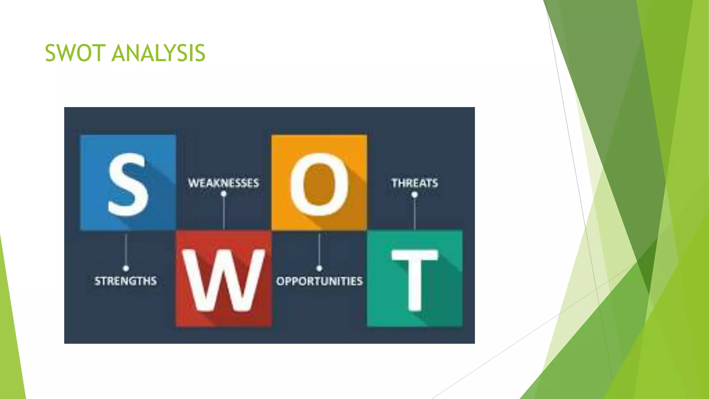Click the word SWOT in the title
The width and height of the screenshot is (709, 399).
[x=75, y=53]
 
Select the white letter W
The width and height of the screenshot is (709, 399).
[x=224, y=280]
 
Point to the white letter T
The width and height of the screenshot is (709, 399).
[x=415, y=279]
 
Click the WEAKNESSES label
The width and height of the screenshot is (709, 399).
[x=224, y=183]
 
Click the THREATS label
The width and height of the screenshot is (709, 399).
[x=415, y=183]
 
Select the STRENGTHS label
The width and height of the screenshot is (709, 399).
[x=126, y=281]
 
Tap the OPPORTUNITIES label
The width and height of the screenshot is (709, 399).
[x=319, y=281]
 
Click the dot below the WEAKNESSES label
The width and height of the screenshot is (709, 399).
[x=224, y=194]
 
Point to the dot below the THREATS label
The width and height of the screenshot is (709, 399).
[x=415, y=195]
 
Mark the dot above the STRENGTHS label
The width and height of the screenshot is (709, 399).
[x=126, y=268]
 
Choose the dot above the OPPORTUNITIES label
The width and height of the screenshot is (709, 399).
[x=319, y=268]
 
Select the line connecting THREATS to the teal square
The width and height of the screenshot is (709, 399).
[x=415, y=213]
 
